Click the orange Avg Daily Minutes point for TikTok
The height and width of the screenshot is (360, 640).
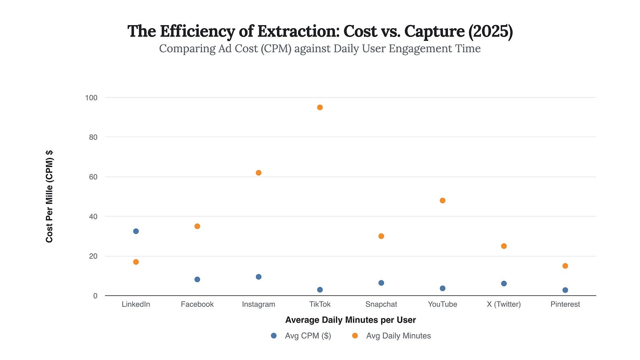[x=320, y=107]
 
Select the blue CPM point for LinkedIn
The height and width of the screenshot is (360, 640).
[x=136, y=231]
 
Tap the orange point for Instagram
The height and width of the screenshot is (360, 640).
[x=258, y=173]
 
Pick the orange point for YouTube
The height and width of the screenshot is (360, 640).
[x=443, y=200]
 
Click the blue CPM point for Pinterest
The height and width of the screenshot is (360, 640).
[x=565, y=290]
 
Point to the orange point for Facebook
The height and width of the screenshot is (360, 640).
[x=197, y=226]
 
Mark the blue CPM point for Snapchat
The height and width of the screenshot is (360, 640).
[x=381, y=283]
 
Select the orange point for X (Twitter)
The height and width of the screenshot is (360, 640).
[x=504, y=246]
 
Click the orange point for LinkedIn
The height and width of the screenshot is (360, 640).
[x=136, y=262]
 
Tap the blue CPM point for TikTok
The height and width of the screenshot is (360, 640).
[x=320, y=290]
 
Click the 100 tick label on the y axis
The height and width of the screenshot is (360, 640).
[x=91, y=98]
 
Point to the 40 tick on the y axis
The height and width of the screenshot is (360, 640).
[x=93, y=217]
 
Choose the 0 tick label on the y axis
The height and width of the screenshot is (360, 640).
[x=95, y=296]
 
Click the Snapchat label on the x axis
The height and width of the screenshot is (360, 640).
[x=381, y=304]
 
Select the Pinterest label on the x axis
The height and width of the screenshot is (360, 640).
[x=565, y=304]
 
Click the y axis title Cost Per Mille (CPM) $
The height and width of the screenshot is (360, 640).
[x=49, y=196]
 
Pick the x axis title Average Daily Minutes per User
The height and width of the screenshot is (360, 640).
[x=350, y=320]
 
